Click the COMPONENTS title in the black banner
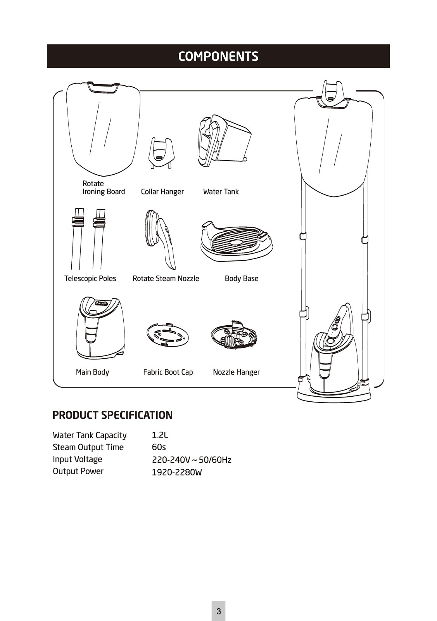tap(218, 56)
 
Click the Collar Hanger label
tap(162, 192)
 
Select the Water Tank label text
tap(221, 192)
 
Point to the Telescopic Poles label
tap(90, 279)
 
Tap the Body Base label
tap(242, 279)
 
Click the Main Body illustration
tap(100, 328)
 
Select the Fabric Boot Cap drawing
tap(168, 335)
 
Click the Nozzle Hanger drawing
tap(234, 336)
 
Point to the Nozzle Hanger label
tap(236, 372)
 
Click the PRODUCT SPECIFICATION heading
tap(112, 415)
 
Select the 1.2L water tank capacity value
tap(160, 435)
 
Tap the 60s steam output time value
tap(159, 447)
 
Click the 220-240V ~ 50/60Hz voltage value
tap(192, 460)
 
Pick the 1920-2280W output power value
tap(177, 472)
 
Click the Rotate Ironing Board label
tap(104, 188)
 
